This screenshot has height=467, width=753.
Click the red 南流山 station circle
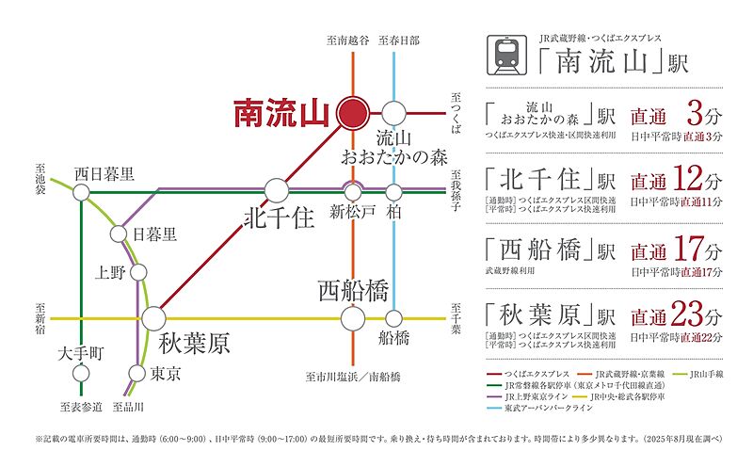coord(353,113)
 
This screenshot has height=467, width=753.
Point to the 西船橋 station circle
coord(353,318)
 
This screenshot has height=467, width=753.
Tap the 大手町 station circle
coord(81,374)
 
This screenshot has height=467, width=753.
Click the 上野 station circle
coord(138,273)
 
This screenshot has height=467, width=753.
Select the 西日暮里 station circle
coord(81,192)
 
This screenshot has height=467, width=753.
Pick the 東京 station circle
coord(137,374)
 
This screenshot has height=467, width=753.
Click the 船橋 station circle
coord(393,318)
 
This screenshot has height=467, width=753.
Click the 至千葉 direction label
coord(456,318)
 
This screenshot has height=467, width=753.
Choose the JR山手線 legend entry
coord(700,374)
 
